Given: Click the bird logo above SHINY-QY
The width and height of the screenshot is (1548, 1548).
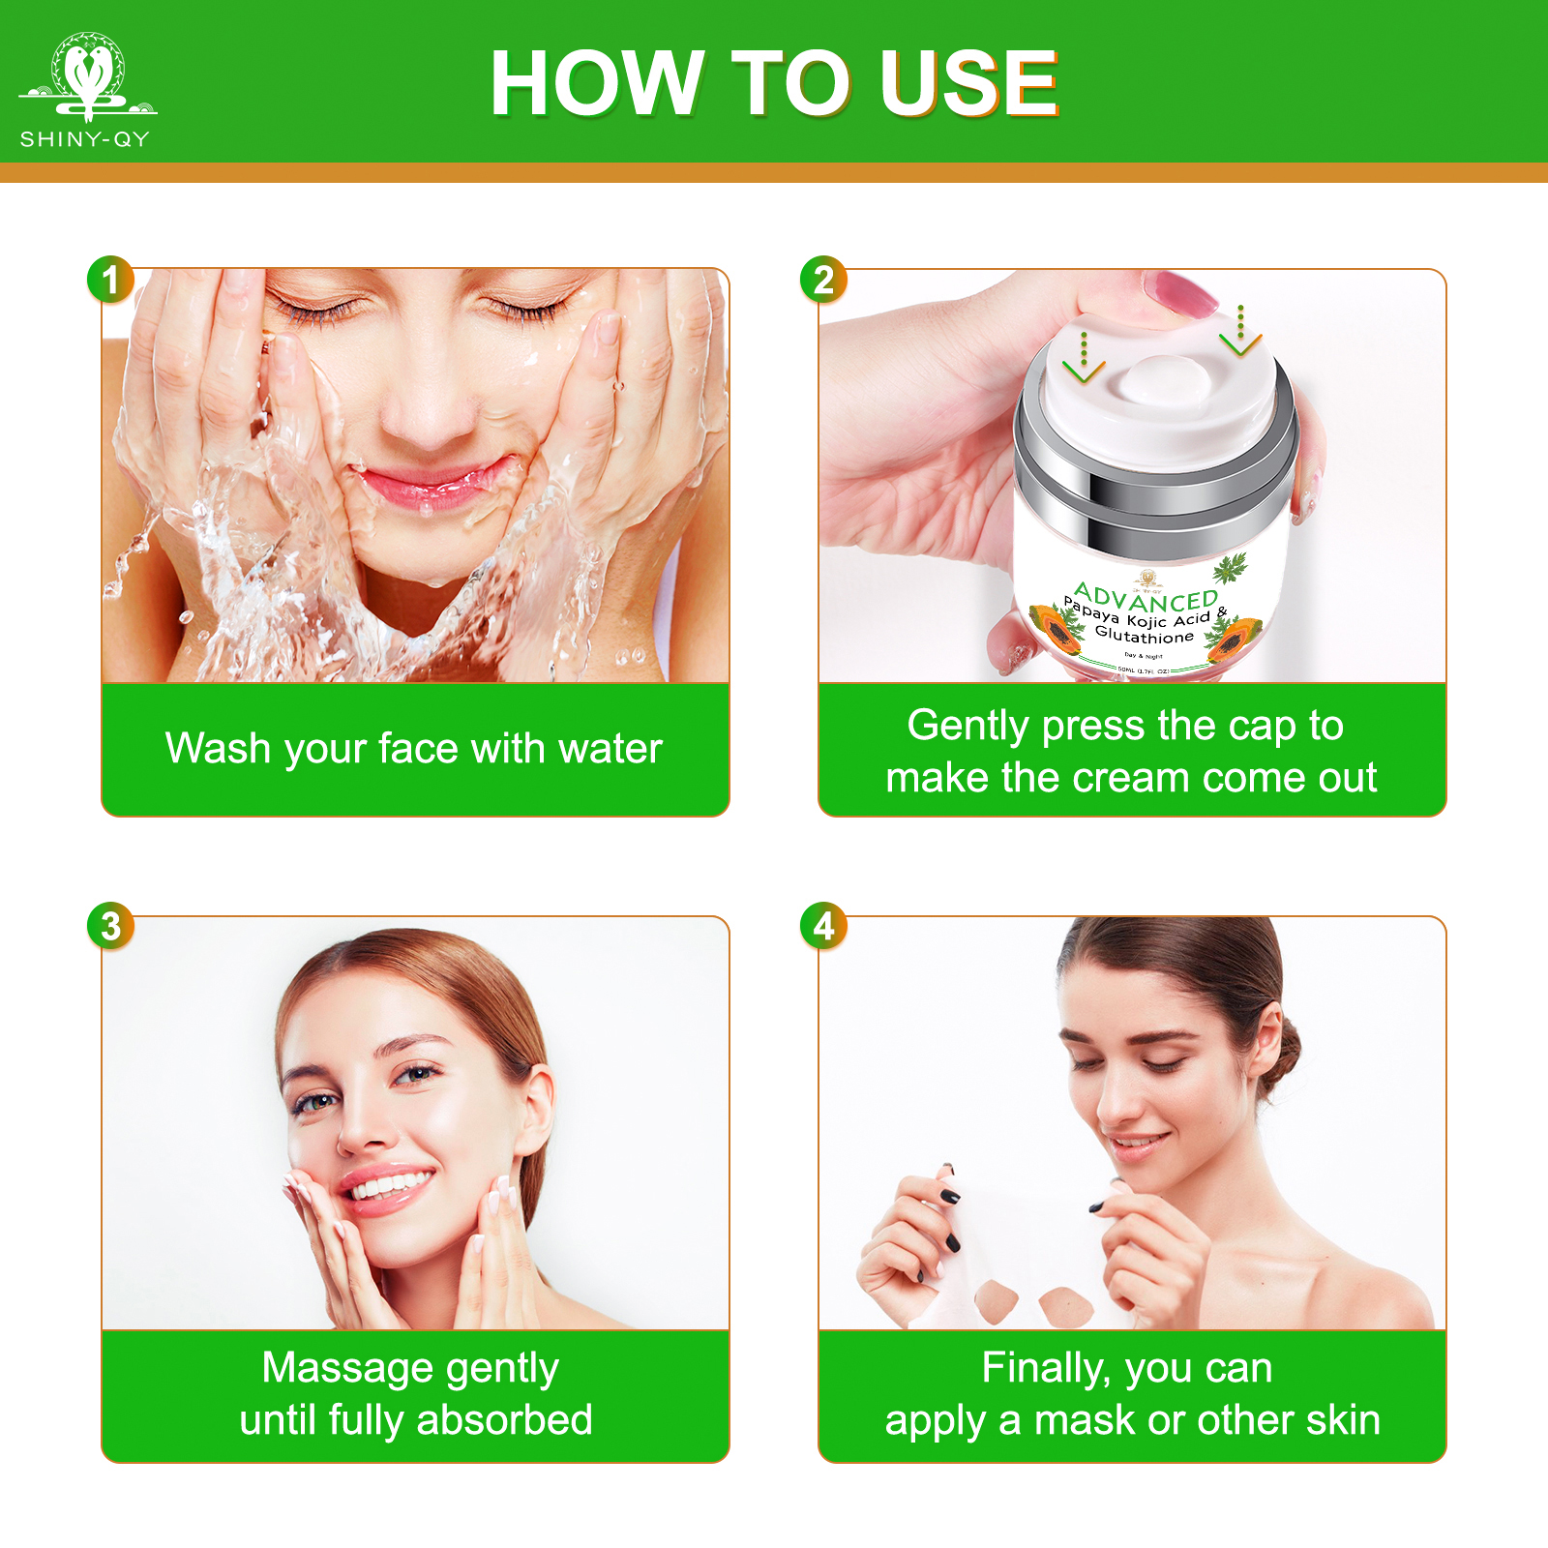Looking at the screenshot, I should [x=87, y=75].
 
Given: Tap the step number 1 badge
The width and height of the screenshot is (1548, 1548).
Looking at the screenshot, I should [x=110, y=281].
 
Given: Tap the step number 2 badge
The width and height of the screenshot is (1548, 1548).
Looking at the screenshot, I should [x=823, y=281].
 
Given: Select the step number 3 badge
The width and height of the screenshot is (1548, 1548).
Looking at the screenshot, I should [x=110, y=926].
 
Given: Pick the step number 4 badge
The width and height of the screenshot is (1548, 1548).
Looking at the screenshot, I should [x=823, y=926].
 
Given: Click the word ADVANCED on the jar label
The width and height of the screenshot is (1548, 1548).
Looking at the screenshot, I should [x=1146, y=598].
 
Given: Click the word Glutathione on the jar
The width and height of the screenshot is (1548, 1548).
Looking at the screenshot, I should [x=1144, y=636].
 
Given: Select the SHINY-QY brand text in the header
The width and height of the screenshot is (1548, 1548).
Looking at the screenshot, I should [x=85, y=139].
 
